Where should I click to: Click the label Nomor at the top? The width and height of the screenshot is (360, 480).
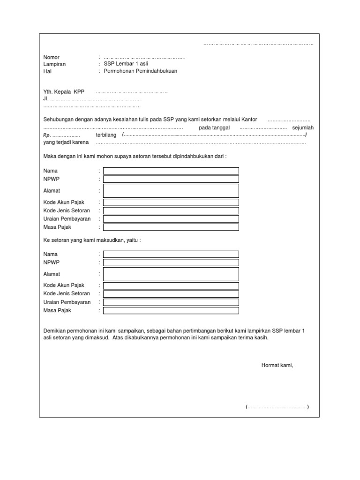(x=52, y=57)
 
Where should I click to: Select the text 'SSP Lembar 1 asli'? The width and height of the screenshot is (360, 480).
(x=126, y=64)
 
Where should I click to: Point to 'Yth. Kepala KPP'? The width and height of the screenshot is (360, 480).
(x=64, y=92)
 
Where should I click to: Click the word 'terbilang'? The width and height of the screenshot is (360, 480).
(x=106, y=135)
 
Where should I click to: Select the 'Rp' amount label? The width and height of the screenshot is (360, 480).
(x=46, y=135)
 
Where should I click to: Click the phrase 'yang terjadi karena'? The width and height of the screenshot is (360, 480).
(x=66, y=142)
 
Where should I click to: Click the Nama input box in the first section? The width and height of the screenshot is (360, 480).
(x=171, y=171)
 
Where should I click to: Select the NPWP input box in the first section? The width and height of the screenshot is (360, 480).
(x=171, y=179)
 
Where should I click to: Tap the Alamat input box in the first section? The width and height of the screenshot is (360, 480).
(x=171, y=191)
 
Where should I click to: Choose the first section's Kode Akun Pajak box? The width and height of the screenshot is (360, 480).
(x=171, y=202)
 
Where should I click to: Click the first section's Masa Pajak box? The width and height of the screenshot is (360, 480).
(x=171, y=227)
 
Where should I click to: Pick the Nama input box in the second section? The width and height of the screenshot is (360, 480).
(x=171, y=254)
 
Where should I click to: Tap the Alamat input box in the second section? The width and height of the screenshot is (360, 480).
(x=171, y=274)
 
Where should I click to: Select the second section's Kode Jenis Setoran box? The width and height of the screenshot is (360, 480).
(x=171, y=294)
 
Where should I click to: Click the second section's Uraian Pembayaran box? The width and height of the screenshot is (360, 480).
(x=171, y=302)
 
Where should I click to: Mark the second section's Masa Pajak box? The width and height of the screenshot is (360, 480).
(x=171, y=310)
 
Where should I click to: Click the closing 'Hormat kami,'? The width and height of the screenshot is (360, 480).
(x=277, y=365)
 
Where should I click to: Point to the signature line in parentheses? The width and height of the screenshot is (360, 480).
(x=277, y=407)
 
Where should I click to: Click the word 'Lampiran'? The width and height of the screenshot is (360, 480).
(x=54, y=64)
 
